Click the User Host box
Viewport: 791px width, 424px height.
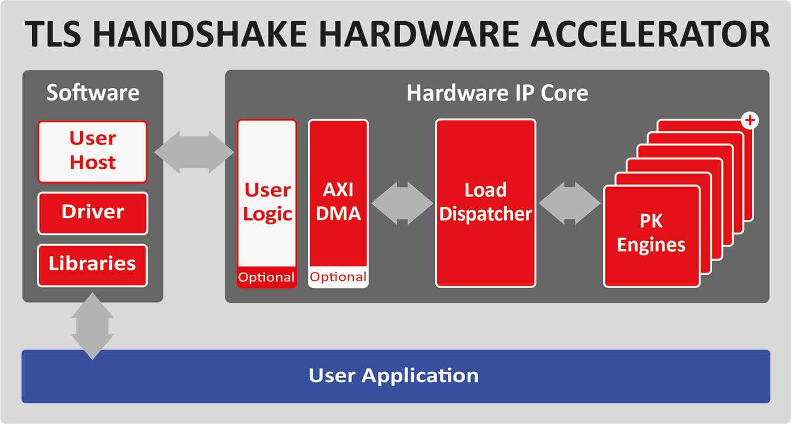pos(92,151)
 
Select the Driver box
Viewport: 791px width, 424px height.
pos(92,213)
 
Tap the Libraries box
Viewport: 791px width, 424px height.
pos(92,265)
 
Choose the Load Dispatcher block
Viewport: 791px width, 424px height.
pos(485,203)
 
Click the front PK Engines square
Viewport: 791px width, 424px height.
pos(651,235)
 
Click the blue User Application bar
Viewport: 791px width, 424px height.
pos(395,376)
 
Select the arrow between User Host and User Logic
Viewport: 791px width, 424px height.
pos(194,152)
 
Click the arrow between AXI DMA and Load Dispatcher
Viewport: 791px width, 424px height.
pos(402,203)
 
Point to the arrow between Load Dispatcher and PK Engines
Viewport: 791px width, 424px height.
pos(570,203)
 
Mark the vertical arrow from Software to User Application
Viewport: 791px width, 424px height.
pos(92,326)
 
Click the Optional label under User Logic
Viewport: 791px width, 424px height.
pos(267,277)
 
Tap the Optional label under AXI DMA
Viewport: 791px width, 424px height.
pos(338,277)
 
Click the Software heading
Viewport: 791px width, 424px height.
pos(93,93)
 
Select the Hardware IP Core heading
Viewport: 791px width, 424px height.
pos(497,93)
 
